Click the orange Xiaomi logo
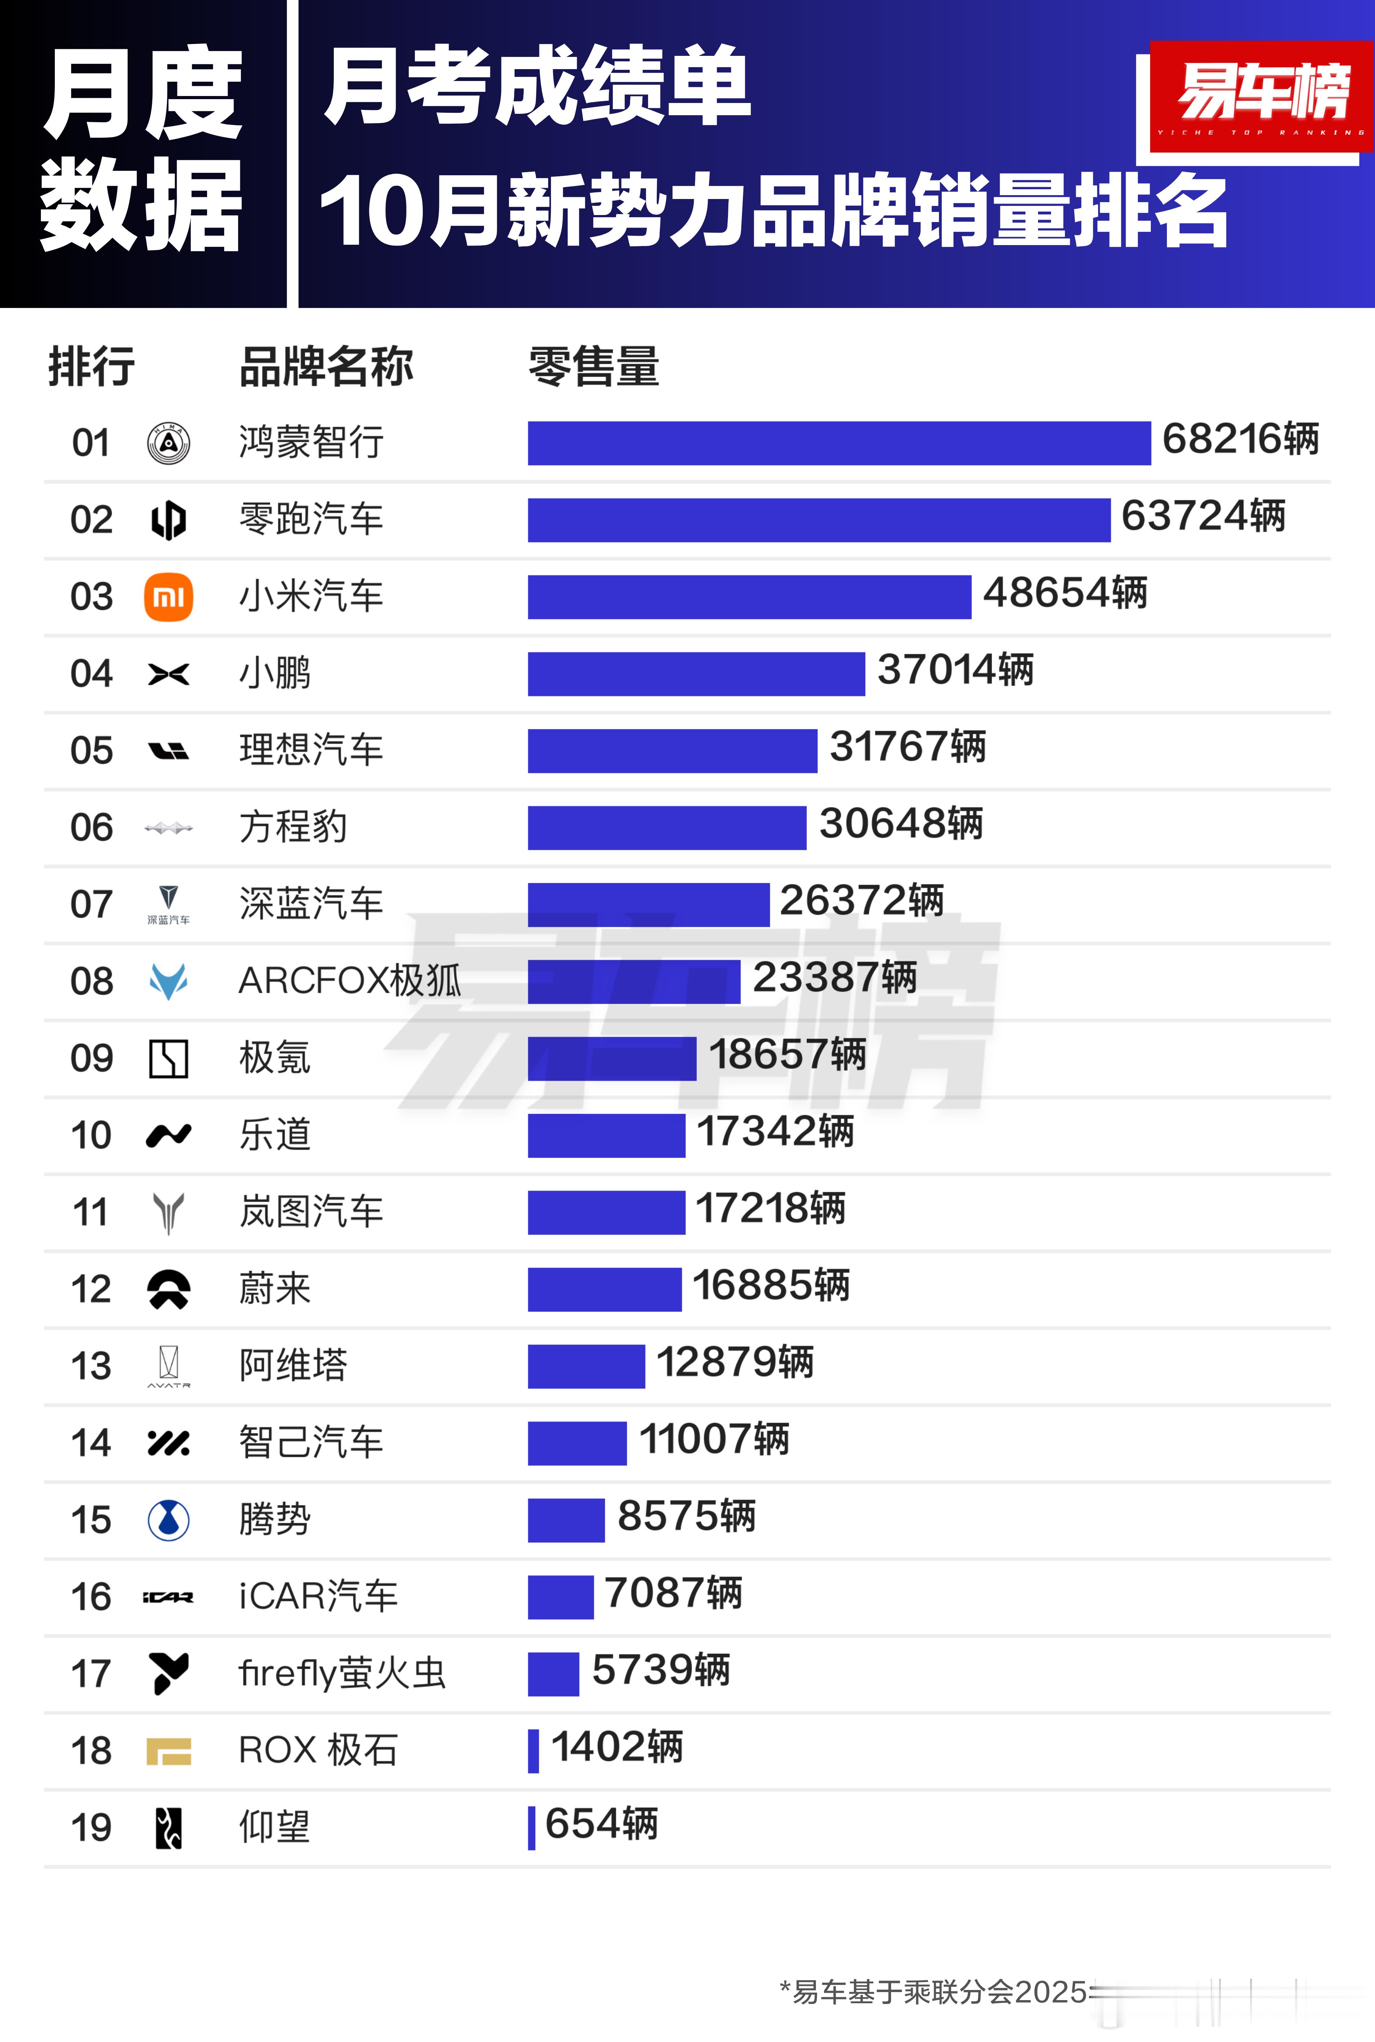click(168, 597)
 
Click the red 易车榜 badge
click(1260, 96)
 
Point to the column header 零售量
click(594, 367)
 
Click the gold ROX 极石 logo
click(168, 1751)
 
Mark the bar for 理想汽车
click(672, 751)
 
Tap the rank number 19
click(91, 1828)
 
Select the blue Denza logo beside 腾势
click(168, 1519)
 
